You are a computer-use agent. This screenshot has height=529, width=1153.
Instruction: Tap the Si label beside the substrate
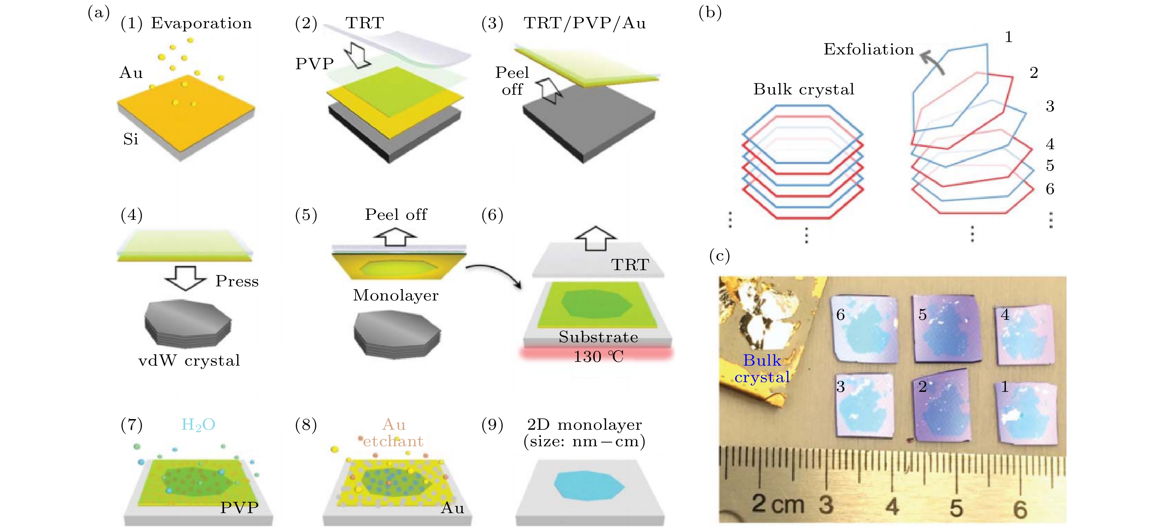131,139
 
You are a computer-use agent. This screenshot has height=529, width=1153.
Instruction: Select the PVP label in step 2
314,64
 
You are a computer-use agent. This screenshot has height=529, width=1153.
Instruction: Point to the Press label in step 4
237,281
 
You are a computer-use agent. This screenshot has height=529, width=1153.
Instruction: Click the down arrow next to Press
186,278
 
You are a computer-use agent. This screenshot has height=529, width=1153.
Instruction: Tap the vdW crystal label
189,360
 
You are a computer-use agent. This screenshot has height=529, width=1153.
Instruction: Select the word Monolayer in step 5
396,295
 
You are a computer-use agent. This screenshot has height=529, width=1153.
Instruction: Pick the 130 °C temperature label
599,357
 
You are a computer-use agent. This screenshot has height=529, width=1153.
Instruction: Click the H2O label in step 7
198,424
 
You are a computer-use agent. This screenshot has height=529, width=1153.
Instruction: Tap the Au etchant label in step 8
393,433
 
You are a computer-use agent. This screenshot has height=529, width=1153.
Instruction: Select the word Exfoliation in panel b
868,49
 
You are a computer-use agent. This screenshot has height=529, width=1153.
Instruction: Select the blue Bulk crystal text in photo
762,369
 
